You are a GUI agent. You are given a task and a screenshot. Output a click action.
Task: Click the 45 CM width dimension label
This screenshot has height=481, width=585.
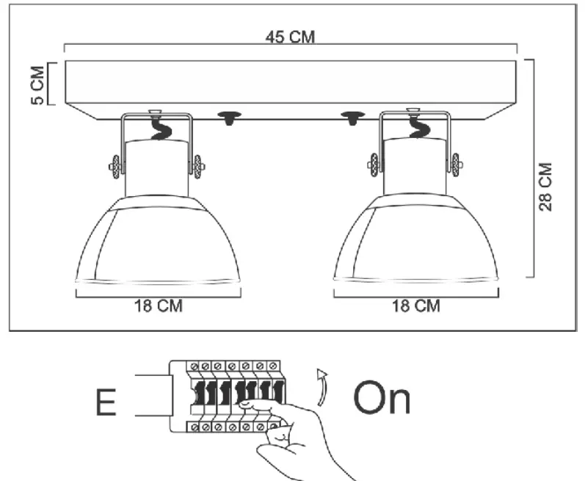pyautogui.click(x=291, y=37)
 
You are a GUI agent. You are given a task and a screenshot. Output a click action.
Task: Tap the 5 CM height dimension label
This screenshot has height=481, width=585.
pyautogui.click(x=37, y=84)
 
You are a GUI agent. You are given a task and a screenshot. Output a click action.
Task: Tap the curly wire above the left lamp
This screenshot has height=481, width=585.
pyautogui.click(x=158, y=129)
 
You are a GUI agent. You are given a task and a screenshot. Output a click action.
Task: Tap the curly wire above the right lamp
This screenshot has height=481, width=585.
pyautogui.click(x=415, y=129)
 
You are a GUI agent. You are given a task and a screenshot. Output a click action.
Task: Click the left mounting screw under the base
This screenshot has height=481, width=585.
pyautogui.click(x=230, y=117)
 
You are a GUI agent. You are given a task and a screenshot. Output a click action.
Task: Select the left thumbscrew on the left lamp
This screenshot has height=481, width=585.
pyautogui.click(x=116, y=167)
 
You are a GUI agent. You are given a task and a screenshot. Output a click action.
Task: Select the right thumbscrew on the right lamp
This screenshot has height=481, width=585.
pyautogui.click(x=457, y=165)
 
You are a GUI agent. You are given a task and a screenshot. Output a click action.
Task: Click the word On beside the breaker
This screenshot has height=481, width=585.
pyautogui.click(x=382, y=399)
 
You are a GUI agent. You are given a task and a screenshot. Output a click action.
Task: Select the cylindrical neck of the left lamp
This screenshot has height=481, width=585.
pyautogui.click(x=157, y=169)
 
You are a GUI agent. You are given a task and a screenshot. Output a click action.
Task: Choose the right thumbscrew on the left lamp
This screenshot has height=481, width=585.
pyautogui.click(x=199, y=167)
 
